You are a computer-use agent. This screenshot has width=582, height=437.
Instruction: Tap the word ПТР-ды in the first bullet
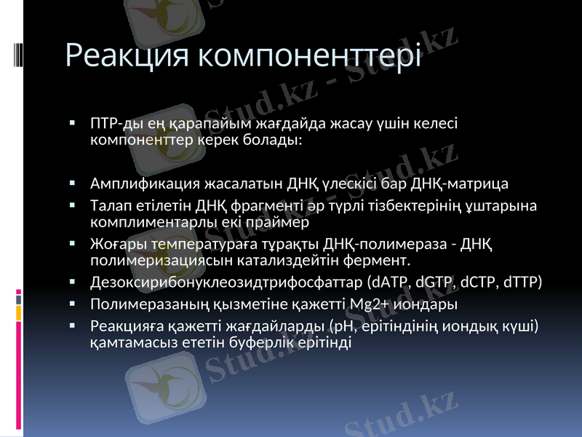(111, 124)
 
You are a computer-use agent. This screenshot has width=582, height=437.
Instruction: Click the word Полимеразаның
(139, 304)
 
